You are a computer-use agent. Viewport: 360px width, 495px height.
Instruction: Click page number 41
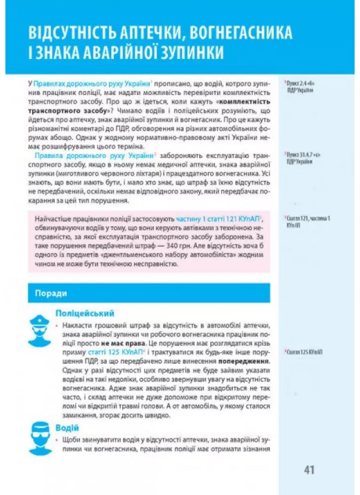coord(310,470)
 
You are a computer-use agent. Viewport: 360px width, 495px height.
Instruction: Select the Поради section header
coord(51,293)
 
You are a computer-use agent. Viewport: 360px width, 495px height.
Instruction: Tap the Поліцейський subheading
coord(85,313)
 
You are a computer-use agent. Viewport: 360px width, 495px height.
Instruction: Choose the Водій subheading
coord(67,428)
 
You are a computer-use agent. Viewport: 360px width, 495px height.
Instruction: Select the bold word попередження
coord(244,361)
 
